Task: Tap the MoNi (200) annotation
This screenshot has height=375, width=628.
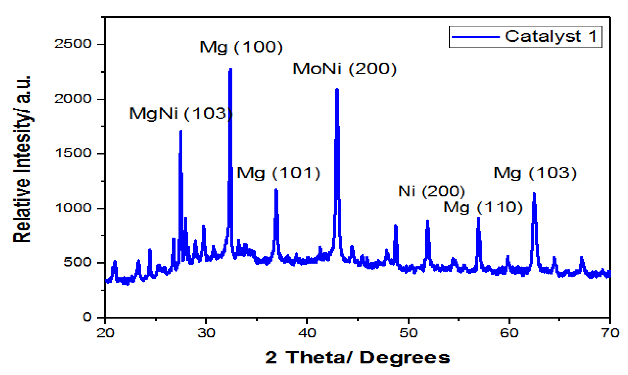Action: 344,69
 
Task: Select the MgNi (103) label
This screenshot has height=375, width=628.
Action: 181,113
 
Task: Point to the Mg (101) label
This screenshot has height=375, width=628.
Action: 278,173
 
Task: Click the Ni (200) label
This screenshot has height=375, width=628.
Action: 431,191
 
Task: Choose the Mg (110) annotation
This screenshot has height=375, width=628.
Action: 483,208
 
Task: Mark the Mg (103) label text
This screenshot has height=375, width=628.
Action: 535,173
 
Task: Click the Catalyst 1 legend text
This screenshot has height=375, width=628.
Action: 551,36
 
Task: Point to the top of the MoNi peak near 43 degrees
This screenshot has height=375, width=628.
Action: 337,89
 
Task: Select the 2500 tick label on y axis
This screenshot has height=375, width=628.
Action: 73,44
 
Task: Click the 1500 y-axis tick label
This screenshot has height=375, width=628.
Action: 73,153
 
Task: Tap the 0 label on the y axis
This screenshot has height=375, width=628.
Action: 87,317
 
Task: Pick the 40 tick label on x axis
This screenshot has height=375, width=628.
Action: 307,333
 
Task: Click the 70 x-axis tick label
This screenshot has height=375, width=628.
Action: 610,333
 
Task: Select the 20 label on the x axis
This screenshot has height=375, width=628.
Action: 105,333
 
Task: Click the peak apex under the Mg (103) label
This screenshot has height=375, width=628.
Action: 534,194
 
